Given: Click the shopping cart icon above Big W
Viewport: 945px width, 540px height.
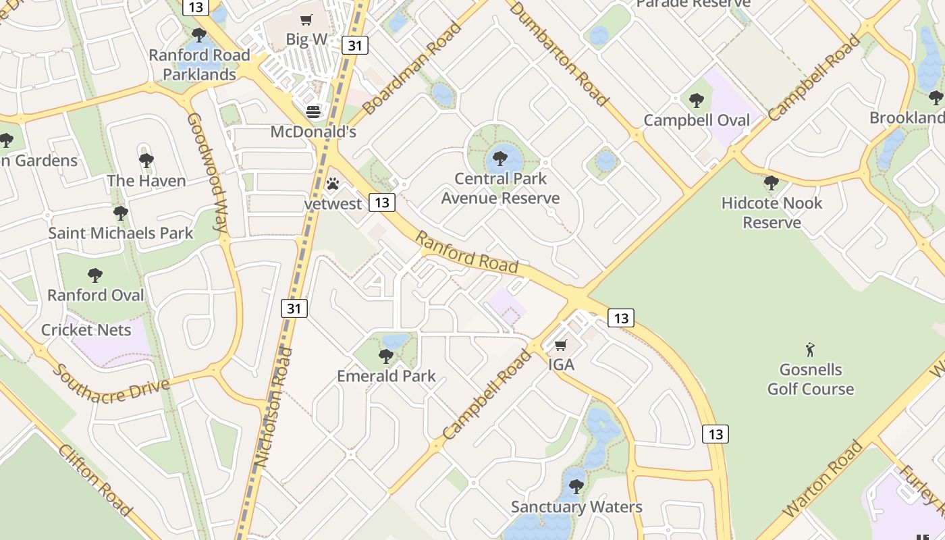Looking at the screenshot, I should [x=306, y=20].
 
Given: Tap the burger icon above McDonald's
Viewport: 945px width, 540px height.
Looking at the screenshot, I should [x=313, y=111].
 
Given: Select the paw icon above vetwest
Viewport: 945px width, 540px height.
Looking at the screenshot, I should [x=332, y=184].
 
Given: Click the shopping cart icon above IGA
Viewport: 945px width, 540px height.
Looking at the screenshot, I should [x=560, y=346].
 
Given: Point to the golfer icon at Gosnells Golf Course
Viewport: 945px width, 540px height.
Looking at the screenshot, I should [x=810, y=350].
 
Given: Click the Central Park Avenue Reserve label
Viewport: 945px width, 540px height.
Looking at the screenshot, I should [x=500, y=188].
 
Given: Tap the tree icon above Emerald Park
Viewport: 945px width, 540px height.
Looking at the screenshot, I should [x=386, y=356].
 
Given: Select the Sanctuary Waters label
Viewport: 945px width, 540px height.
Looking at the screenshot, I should [x=576, y=507].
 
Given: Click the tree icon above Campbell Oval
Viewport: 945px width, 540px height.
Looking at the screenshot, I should [x=697, y=101].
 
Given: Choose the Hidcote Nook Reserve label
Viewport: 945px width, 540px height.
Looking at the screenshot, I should [x=772, y=213].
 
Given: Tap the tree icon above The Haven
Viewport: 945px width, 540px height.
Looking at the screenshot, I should [x=146, y=161].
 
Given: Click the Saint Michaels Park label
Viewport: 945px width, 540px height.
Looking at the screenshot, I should [x=121, y=234].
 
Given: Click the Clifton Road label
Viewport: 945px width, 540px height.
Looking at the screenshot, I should [x=94, y=480].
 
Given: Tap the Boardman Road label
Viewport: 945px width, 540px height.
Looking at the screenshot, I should [x=411, y=68].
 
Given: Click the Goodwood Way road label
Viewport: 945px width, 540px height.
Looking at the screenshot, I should [x=207, y=172].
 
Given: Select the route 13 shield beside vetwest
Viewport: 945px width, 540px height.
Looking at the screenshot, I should [x=382, y=202].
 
